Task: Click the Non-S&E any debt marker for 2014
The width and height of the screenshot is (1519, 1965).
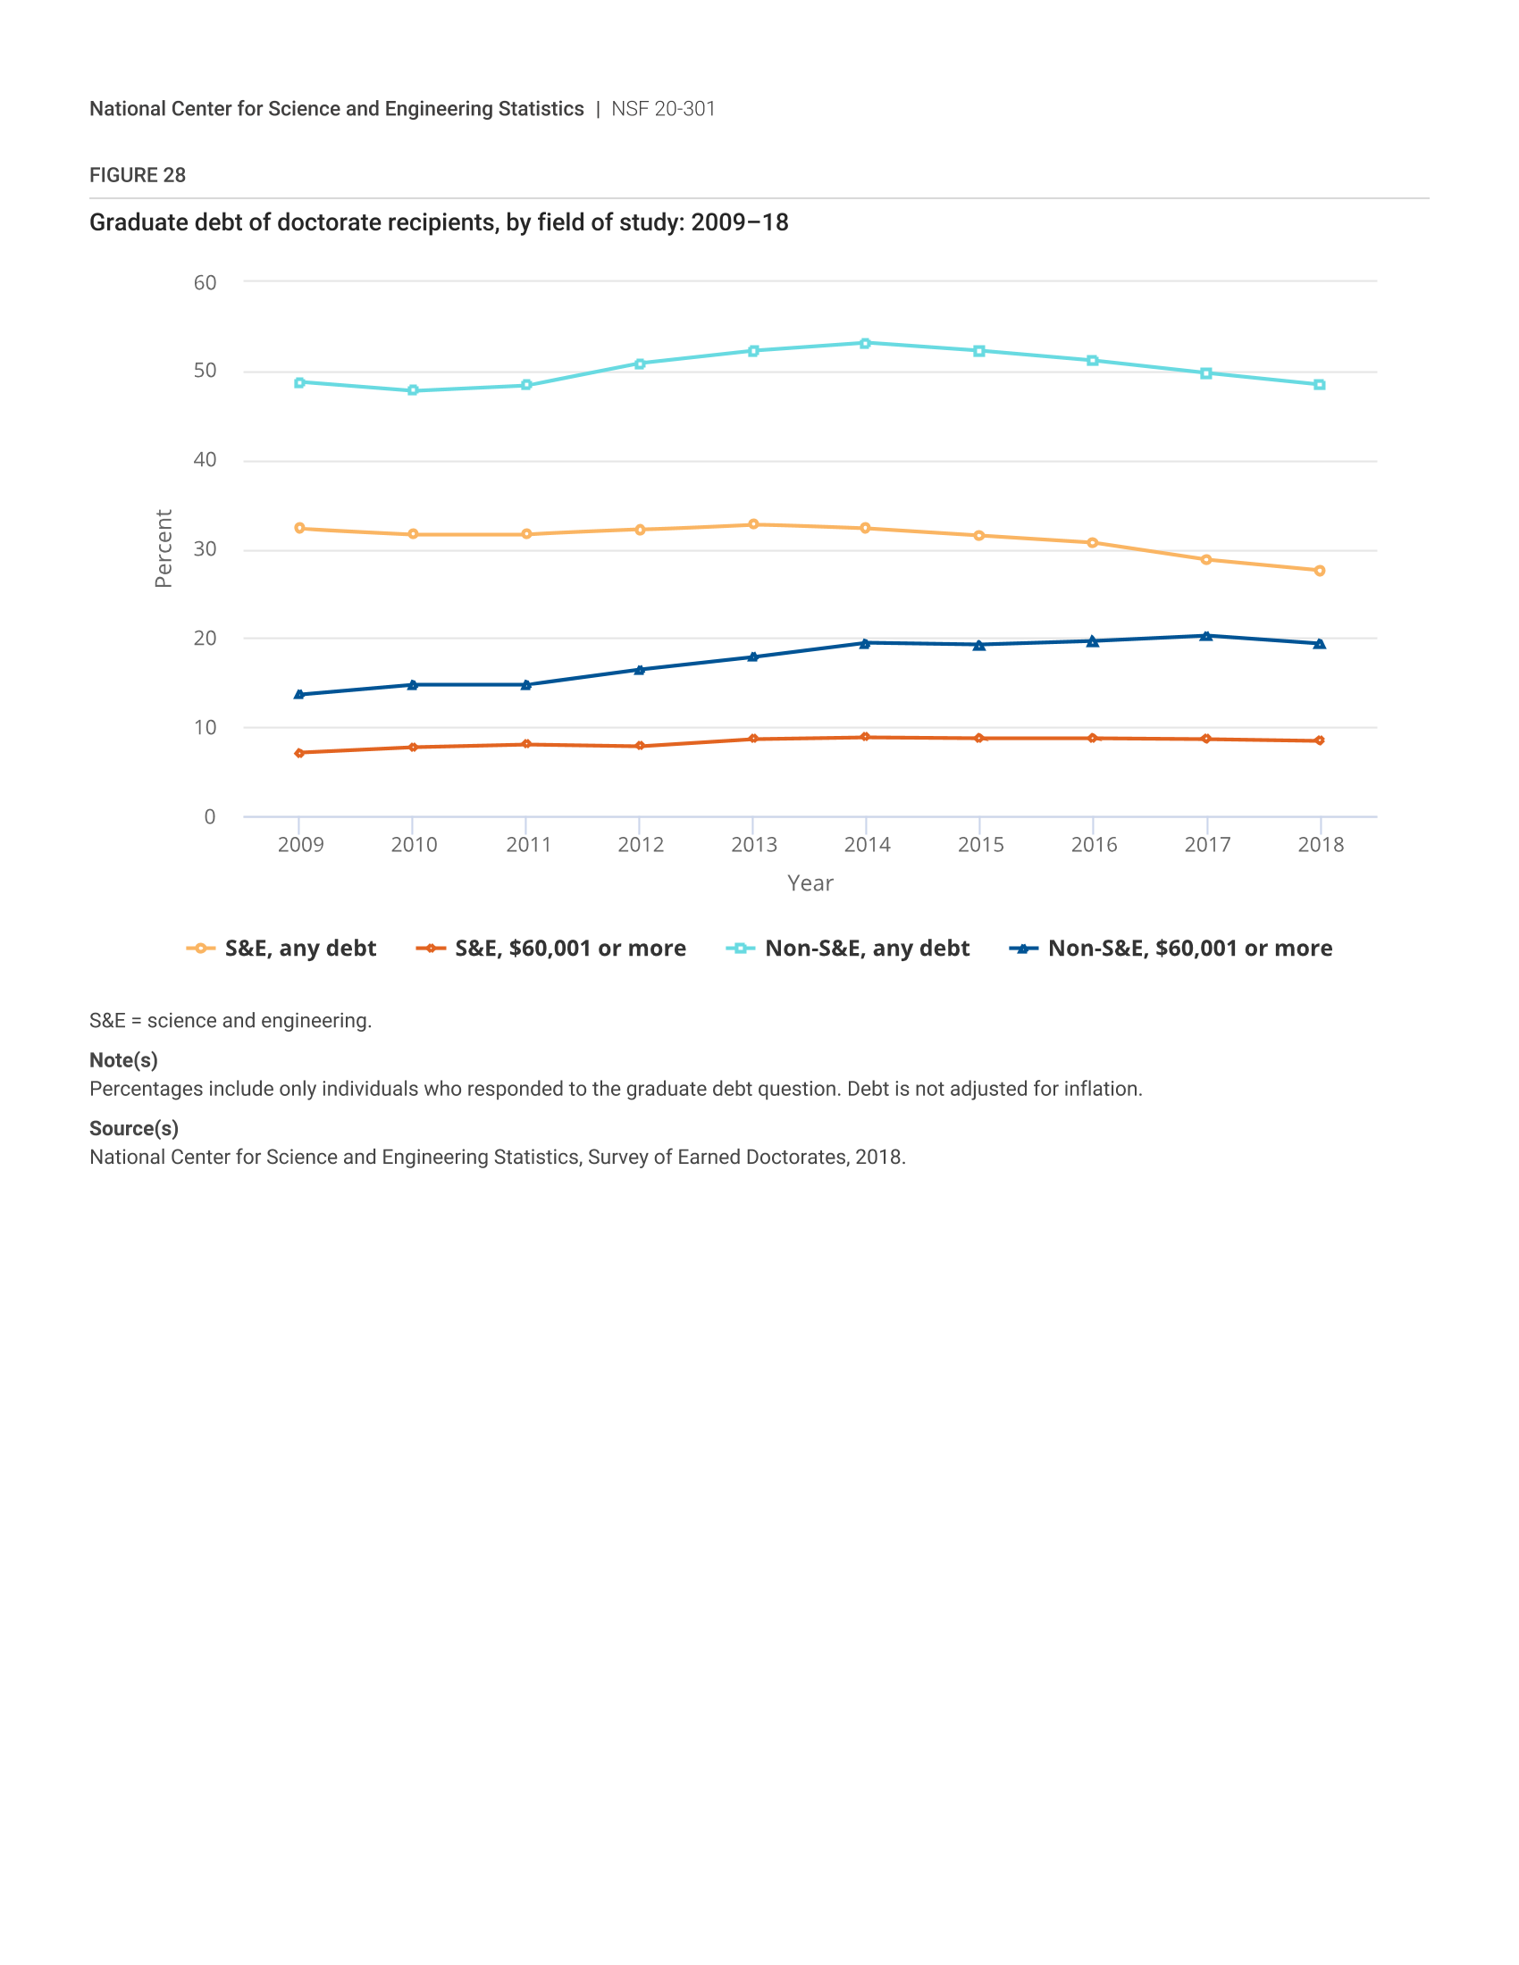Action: click(x=865, y=343)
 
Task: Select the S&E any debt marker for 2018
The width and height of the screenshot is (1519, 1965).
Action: click(x=1319, y=571)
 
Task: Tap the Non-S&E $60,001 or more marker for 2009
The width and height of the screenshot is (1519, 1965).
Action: click(x=299, y=695)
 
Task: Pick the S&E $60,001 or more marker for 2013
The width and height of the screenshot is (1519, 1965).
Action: click(x=753, y=739)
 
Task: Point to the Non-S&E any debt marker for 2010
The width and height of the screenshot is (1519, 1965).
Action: click(x=413, y=390)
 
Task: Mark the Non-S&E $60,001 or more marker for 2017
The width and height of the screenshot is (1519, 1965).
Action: click(x=1206, y=636)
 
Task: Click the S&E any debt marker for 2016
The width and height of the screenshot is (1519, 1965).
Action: click(x=1093, y=542)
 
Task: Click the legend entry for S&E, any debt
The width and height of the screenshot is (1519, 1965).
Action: click(x=281, y=949)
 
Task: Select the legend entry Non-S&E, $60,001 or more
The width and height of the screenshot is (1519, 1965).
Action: click(x=1171, y=949)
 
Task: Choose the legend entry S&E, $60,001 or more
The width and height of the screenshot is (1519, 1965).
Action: click(x=550, y=949)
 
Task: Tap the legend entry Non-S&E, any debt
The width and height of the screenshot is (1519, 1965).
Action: click(x=848, y=949)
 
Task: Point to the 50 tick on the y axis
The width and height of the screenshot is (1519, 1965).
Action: click(x=206, y=371)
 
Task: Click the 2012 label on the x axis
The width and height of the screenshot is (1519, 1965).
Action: click(x=641, y=845)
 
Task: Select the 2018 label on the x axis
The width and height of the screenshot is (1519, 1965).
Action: click(x=1320, y=845)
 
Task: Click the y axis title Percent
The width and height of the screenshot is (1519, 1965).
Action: click(x=163, y=548)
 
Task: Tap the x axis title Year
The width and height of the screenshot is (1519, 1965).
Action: click(x=810, y=883)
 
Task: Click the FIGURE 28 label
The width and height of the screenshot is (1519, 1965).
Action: click(x=138, y=175)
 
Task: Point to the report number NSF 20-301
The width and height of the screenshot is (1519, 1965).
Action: click(x=663, y=109)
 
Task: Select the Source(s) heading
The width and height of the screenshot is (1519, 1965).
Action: click(x=134, y=1128)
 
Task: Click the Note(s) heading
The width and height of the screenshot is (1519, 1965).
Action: click(x=123, y=1060)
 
